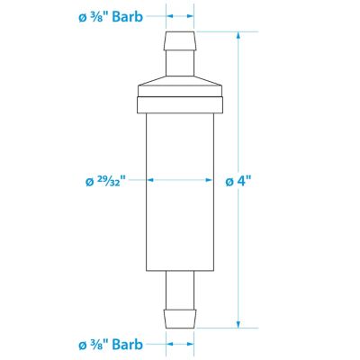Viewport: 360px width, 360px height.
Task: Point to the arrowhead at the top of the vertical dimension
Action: coord(238,36)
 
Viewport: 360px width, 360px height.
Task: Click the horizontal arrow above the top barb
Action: coord(179,15)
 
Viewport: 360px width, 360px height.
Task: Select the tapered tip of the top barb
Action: coord(179,41)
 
